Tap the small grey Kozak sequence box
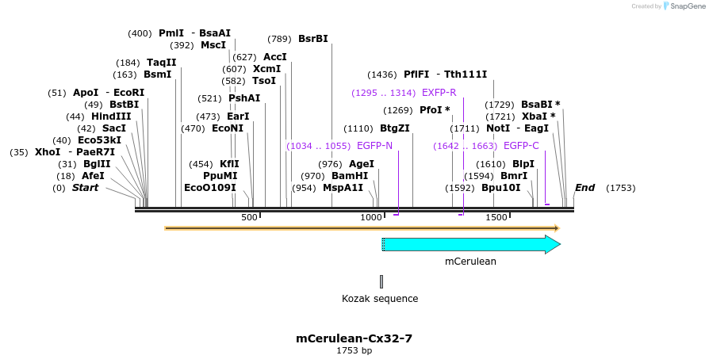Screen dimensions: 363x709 [381, 281]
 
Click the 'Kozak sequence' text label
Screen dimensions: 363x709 [380, 299]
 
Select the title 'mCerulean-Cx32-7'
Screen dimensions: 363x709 [354, 338]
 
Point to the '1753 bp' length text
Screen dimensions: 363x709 [354, 350]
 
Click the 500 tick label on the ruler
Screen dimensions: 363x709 [249, 217]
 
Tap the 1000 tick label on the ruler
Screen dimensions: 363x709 [371, 217]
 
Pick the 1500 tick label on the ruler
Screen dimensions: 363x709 [496, 217]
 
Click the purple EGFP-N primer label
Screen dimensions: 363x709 [374, 146]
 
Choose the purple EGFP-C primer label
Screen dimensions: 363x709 [521, 146]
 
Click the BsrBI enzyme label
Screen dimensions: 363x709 [312, 39]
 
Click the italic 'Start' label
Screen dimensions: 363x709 [86, 188]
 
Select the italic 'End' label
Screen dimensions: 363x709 [584, 188]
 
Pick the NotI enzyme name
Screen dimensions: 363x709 [498, 128]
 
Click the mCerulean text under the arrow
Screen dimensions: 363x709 [470, 261]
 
